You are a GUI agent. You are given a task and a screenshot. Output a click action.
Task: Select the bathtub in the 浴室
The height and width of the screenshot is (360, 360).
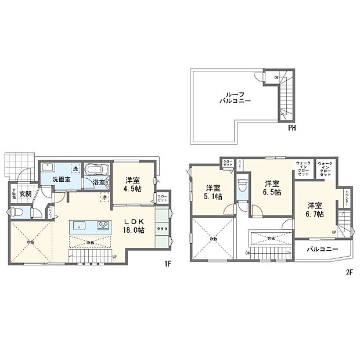click(94, 171)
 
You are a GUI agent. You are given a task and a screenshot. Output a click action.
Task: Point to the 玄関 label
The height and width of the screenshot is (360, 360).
click(25, 195)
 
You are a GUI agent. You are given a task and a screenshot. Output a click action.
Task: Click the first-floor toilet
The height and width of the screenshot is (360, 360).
click(18, 213)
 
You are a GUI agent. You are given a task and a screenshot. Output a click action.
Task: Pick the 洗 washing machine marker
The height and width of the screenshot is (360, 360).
click(74, 168)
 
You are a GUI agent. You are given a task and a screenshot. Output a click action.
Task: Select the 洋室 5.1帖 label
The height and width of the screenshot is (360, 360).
click(213, 192)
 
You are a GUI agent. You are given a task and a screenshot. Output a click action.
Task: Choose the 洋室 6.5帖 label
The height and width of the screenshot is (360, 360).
click(270, 187)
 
